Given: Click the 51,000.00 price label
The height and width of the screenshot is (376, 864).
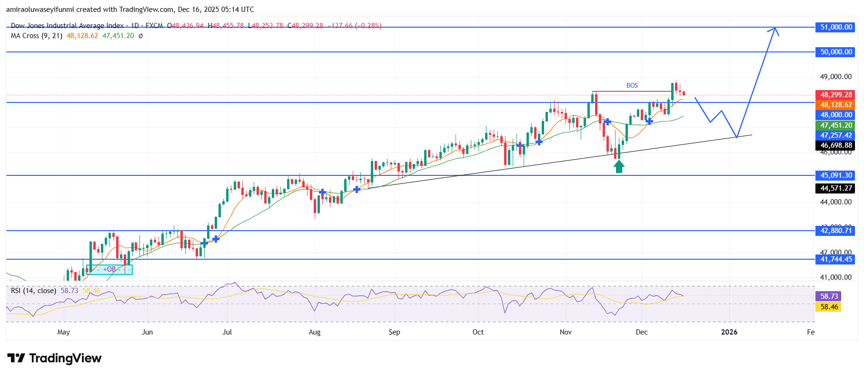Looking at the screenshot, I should click(x=836, y=27).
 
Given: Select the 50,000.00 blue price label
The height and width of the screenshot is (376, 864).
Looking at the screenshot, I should click(x=836, y=52).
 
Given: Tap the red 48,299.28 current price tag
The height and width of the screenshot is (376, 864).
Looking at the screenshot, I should click(x=836, y=95).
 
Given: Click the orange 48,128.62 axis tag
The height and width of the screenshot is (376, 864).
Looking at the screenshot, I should click(x=836, y=105).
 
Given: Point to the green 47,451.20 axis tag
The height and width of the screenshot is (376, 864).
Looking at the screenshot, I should click(x=836, y=125).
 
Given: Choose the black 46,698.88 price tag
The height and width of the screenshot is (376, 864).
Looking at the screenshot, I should click(x=836, y=145).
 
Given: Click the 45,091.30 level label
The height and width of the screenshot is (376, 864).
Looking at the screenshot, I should click(x=836, y=175).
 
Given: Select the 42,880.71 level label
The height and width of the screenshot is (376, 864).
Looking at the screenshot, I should click(x=836, y=231).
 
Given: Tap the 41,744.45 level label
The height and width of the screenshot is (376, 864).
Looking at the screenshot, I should click(x=836, y=259).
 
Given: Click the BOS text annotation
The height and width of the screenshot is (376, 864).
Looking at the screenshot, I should click(x=632, y=85).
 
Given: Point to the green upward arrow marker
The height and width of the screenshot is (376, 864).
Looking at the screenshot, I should click(x=618, y=166).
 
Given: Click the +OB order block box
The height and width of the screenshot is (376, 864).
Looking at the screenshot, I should click(x=109, y=269).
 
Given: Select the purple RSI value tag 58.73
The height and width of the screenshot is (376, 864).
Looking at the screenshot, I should click(x=829, y=296).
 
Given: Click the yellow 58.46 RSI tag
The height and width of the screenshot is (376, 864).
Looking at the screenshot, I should click(x=829, y=307).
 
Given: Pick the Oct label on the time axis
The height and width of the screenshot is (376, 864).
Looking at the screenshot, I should click(x=478, y=332).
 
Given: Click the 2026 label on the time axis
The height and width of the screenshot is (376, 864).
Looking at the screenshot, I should click(x=729, y=332).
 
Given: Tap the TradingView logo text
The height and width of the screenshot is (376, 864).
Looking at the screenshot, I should click(x=65, y=358).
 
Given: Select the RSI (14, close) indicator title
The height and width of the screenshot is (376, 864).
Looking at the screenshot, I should click(x=33, y=290).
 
